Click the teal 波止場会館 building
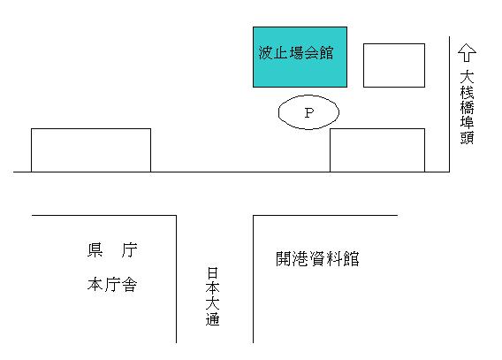coord(300,57)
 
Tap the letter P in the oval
coord(309,112)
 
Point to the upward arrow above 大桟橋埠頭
coord(467,52)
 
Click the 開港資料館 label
coord(317,259)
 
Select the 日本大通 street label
coord(212,296)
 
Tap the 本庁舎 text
coord(112,284)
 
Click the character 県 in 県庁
coord(95,249)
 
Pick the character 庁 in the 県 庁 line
coord(129,249)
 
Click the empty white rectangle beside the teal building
coord(394,65)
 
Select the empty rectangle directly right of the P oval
coord(377,150)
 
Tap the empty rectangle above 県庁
coord(91,150)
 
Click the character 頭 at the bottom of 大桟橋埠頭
coord(467,137)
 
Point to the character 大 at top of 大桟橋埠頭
coord(467,77)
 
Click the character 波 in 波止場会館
coord(266,53)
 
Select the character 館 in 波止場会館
coord(326,53)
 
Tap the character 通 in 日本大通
coord(212,319)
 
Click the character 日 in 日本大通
coord(212,273)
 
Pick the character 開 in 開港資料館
coord(284,259)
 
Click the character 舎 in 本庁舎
coord(129,284)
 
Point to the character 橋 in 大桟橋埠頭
coord(467,107)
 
